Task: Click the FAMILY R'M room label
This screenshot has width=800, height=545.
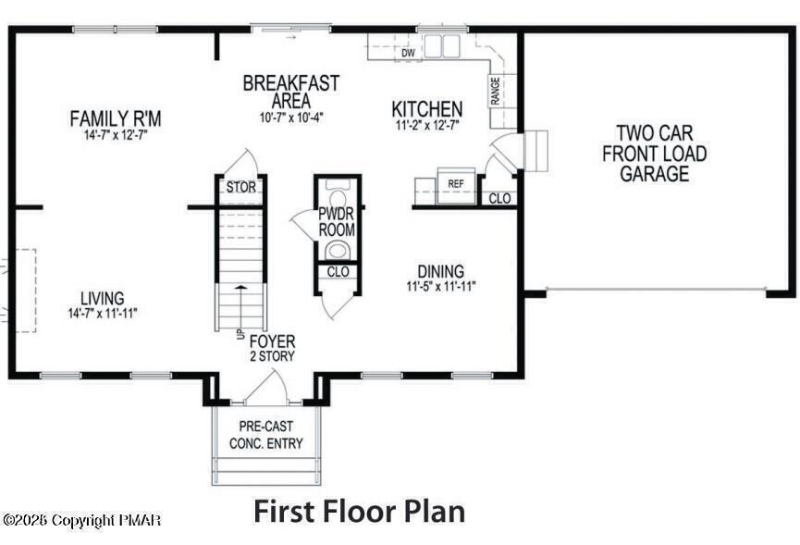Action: click(x=116, y=118)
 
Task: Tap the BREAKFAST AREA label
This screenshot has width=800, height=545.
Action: click(x=290, y=91)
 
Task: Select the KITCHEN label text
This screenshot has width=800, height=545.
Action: click(x=426, y=108)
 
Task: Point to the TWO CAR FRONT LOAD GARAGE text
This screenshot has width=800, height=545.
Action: click(x=654, y=154)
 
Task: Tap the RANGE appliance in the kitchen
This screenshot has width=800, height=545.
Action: click(x=495, y=91)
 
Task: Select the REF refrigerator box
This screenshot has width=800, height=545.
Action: click(x=455, y=184)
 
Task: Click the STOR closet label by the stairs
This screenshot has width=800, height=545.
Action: click(x=240, y=188)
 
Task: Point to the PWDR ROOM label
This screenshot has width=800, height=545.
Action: click(x=337, y=222)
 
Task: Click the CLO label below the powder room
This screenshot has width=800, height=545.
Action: click(x=338, y=272)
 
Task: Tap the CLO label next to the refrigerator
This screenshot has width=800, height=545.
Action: click(x=499, y=198)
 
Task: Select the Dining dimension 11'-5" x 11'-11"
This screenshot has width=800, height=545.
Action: click(x=441, y=286)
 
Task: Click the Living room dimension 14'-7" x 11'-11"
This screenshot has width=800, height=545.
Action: click(x=103, y=313)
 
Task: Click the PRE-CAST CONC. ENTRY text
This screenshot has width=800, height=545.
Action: click(x=266, y=436)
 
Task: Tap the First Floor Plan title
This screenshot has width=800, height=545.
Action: click(x=359, y=510)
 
